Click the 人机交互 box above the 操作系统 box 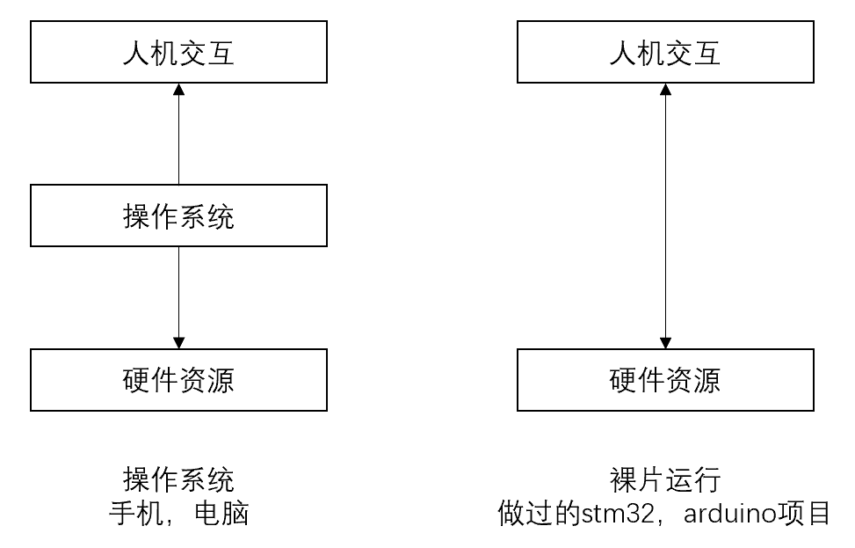coord(178,53)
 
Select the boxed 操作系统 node coord(178,216)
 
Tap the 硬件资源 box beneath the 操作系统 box coord(178,380)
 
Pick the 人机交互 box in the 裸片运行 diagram coord(665,53)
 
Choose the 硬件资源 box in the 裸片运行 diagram coord(665,380)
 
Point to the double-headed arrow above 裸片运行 coord(665,216)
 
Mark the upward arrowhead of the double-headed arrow coord(665,90)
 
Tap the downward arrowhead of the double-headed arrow coord(665,342)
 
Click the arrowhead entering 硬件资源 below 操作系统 coord(178,342)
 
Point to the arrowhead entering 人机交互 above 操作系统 coord(178,90)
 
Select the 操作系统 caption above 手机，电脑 coord(178,480)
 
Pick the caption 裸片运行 coord(665,480)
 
